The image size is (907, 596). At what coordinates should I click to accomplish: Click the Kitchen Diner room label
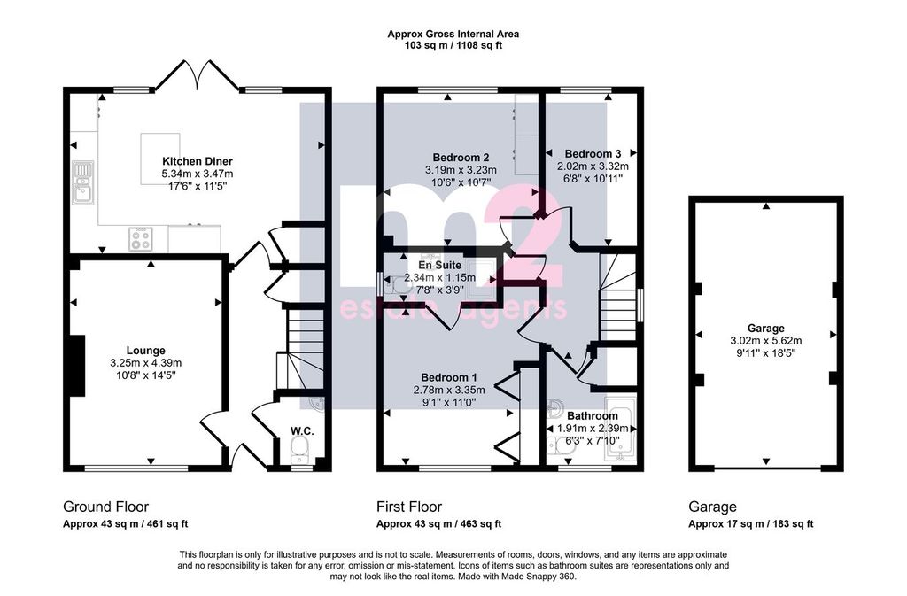[198, 161]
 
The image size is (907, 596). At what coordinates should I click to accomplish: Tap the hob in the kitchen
[141, 239]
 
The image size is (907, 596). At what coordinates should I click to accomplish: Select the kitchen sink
[83, 182]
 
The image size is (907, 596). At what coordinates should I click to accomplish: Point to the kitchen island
[159, 159]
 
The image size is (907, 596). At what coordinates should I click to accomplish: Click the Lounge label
[146, 351]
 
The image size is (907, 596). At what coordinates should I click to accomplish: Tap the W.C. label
[302, 431]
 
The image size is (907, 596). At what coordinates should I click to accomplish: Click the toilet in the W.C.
[299, 449]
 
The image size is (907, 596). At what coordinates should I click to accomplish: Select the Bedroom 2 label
[461, 158]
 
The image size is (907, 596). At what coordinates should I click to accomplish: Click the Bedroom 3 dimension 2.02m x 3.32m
[593, 166]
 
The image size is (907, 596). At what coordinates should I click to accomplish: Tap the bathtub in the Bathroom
[620, 429]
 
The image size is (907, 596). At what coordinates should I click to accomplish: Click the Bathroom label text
[593, 415]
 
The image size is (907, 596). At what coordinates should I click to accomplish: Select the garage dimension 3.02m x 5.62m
[766, 341]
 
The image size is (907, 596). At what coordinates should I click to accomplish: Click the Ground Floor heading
[106, 507]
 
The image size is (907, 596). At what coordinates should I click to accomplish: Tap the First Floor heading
[409, 507]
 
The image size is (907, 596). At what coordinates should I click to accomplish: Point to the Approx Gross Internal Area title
[453, 35]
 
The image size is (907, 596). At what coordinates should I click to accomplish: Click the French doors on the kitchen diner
[197, 76]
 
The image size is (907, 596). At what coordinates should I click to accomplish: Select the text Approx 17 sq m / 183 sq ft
[751, 524]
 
